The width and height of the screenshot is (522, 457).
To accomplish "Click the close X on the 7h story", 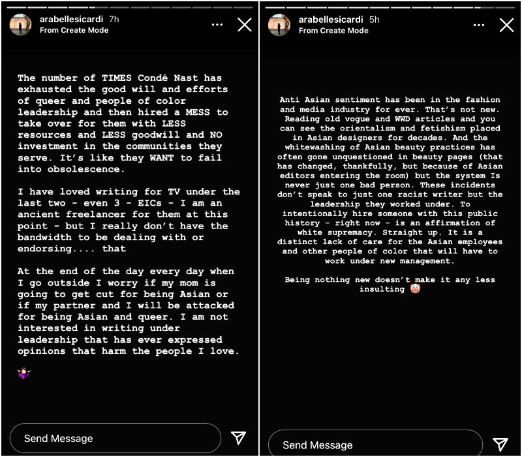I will [244, 25].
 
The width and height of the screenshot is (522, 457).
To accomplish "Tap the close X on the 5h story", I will [506, 25].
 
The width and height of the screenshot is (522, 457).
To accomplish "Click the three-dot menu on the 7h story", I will [217, 25].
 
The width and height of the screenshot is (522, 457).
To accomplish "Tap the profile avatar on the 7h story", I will [20, 24].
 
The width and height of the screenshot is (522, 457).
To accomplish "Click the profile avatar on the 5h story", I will [279, 24].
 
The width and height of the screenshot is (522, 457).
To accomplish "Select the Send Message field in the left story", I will [115, 438].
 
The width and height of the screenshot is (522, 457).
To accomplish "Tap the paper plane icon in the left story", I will [239, 438].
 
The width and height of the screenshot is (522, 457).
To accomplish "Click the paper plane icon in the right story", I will [500, 445].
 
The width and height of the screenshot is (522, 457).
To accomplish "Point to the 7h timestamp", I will [114, 20].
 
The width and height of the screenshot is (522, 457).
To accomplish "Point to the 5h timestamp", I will [374, 20].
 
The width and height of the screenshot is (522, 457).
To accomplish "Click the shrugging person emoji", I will [24, 373].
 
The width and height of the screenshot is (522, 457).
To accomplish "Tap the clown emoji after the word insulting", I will [415, 289].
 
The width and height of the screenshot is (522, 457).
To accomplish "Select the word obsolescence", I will [89, 170].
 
